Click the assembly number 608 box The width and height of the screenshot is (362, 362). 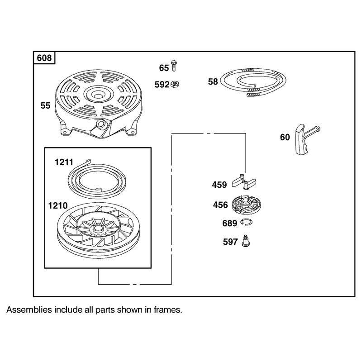tap(44, 58)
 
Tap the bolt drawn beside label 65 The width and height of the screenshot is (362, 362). tap(174, 66)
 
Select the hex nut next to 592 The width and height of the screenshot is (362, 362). tap(175, 84)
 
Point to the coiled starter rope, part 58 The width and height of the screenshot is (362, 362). tap(253, 82)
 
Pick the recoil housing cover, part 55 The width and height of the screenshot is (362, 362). tap(99, 105)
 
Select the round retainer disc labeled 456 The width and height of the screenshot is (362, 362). tap(247, 205)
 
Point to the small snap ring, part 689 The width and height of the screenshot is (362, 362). tap(246, 222)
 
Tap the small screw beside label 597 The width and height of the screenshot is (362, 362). tap(246, 241)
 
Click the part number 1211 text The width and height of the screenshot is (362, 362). tap(64, 162)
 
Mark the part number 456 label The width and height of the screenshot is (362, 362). tap(220, 205)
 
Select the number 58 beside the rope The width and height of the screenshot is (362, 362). tap(213, 82)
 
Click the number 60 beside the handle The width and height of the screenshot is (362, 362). tap(285, 138)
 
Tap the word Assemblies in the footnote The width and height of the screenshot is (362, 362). tap(29, 310)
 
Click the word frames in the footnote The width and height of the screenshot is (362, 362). tap(168, 310)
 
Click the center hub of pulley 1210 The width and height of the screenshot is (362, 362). tap(98, 229)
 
